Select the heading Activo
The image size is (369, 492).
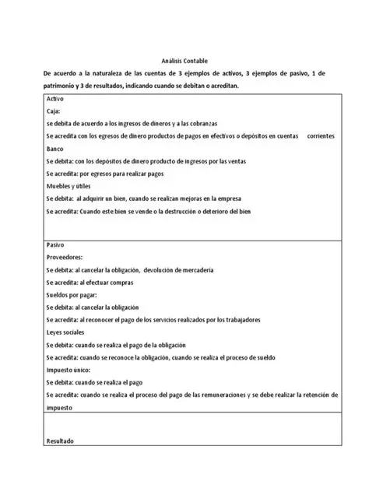tap(56, 100)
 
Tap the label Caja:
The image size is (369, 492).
tap(55, 112)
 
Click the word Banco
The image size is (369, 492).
tap(56, 149)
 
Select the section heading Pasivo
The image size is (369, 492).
tap(57, 244)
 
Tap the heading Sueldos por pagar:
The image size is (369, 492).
tap(75, 295)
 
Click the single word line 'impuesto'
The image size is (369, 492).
tap(61, 406)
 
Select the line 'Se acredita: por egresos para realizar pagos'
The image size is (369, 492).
tap(107, 174)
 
